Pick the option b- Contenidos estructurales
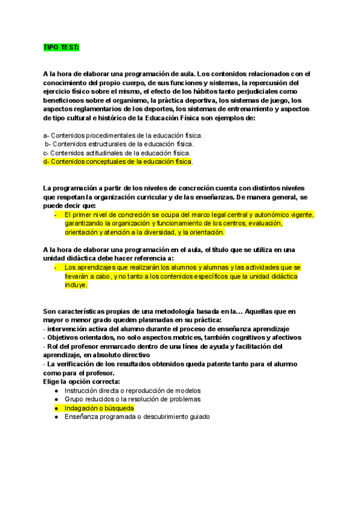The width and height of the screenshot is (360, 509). (x=120, y=144)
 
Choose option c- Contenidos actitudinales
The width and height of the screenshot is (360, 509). (x=117, y=153)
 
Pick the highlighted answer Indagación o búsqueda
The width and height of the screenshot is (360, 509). (x=99, y=408)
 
